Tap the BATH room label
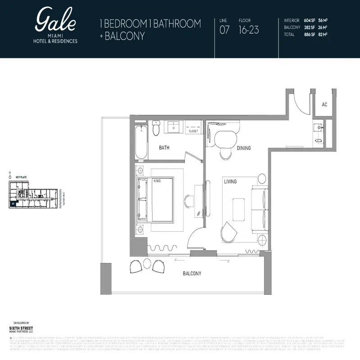tap(164, 147)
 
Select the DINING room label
tap(243, 148)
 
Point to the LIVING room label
tap(230, 181)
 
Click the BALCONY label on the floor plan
tap(192, 273)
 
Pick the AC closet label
tap(324, 104)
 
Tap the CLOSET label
tap(193, 131)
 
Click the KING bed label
tap(157, 181)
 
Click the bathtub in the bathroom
tap(141, 142)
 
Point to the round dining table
tap(223, 138)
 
